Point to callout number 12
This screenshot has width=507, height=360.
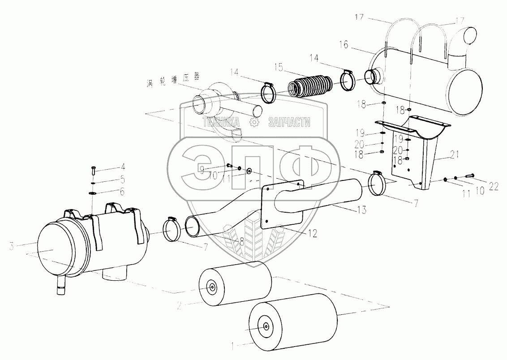click(312, 233)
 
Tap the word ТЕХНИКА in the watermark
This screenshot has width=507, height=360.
click(221, 122)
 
